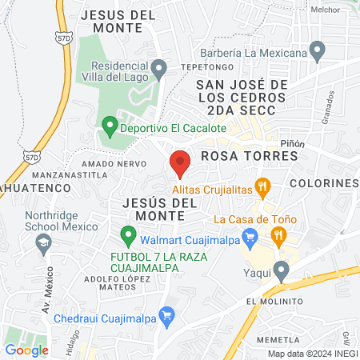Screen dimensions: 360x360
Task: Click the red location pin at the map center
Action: [x=180, y=163]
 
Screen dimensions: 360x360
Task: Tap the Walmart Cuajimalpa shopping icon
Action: [x=250, y=237]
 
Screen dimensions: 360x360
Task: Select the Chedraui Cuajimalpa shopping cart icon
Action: [x=166, y=314]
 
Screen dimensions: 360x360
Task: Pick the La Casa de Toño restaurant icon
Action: [x=278, y=234]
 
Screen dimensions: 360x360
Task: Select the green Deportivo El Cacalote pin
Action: [x=110, y=126]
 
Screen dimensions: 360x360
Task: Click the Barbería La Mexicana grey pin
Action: [x=318, y=53]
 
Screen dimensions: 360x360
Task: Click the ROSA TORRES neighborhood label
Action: [x=248, y=156]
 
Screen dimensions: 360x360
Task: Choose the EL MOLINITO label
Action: [x=274, y=301]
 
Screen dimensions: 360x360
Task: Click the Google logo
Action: [x=26, y=350]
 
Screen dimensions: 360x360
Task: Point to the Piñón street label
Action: [x=293, y=141]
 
